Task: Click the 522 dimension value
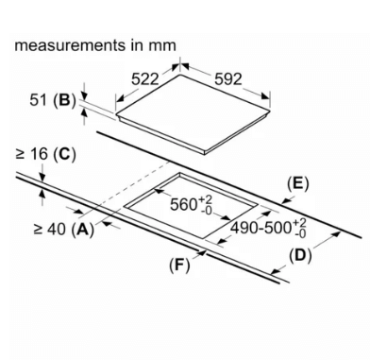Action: pos(144,79)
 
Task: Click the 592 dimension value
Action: pos(228,79)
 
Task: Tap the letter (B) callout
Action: pos(65,100)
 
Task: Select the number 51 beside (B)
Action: pos(38,100)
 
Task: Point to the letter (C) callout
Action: pos(65,154)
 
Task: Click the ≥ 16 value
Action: pos(32,154)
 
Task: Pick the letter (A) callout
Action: pos(83,230)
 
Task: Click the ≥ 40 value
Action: pos(50,229)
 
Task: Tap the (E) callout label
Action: pos(298,184)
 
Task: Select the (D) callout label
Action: pos(300,255)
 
